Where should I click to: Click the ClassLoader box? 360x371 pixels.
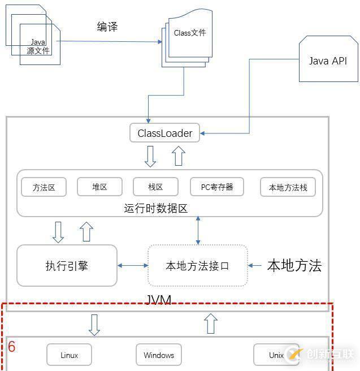(x=164, y=133)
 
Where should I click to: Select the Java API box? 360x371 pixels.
(x=328, y=61)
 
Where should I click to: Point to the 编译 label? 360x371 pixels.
(x=107, y=27)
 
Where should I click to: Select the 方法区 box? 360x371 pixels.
(x=44, y=187)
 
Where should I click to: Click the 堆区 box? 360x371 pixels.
(x=99, y=187)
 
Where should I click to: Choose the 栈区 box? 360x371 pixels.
(x=155, y=187)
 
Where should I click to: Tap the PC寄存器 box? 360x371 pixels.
(x=217, y=187)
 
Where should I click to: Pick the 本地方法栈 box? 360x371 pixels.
(x=288, y=187)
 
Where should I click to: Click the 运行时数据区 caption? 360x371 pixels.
(x=155, y=208)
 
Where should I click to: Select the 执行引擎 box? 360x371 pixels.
(x=67, y=265)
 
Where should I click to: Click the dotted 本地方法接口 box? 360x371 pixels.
(x=197, y=265)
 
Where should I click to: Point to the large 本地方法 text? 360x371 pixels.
(x=294, y=265)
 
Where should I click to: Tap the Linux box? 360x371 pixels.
(x=69, y=355)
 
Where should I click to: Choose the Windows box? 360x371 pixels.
(x=159, y=355)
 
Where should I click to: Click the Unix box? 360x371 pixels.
(x=276, y=355)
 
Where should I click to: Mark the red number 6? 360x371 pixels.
(x=12, y=347)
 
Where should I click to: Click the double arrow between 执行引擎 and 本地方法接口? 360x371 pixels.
(x=133, y=265)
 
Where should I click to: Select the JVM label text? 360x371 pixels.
(x=159, y=299)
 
